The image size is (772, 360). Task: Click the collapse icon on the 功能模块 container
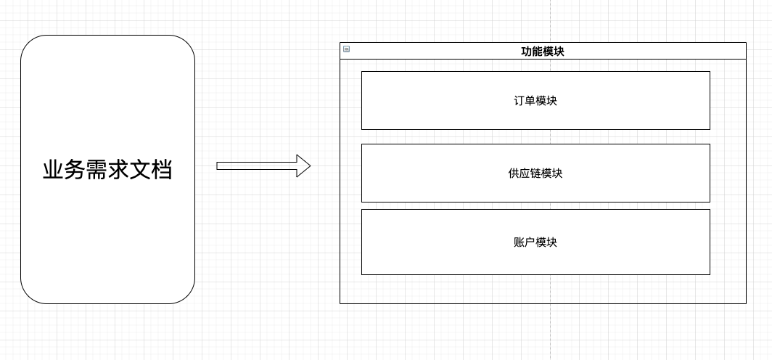(x=346, y=49)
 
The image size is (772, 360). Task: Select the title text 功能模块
(x=543, y=52)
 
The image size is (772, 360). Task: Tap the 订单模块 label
(x=535, y=101)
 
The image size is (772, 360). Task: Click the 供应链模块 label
(x=535, y=173)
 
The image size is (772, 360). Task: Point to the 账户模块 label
(x=535, y=242)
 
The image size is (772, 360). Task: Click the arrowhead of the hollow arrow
(x=303, y=165)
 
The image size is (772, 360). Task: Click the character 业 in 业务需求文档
(x=53, y=170)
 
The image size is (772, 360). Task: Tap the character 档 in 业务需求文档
(x=162, y=170)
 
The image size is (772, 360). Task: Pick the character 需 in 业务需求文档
(x=96, y=170)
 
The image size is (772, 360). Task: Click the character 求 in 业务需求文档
(x=118, y=170)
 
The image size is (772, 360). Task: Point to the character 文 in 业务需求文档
(x=140, y=170)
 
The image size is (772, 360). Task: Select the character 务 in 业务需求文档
(x=75, y=170)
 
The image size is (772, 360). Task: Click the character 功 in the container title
(x=527, y=52)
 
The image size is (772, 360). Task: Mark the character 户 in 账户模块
(x=530, y=242)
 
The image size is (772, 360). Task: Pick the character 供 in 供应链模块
(x=514, y=173)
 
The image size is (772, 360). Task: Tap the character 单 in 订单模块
(x=530, y=101)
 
